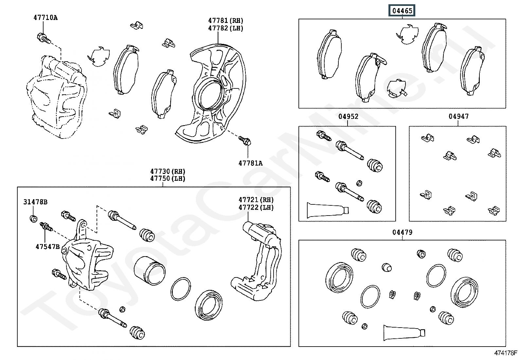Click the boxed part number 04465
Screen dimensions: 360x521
402,11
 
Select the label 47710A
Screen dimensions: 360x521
45,18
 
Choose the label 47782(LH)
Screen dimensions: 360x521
226,28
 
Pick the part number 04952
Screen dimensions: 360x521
348,116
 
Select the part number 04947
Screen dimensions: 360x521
458,116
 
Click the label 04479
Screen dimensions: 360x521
402,232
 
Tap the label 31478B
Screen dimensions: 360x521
35,202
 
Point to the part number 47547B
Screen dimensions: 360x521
47,246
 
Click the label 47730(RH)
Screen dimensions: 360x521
168,171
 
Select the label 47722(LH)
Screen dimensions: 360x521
256,207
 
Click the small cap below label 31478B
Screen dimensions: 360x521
33,218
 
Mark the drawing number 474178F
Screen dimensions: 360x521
505,353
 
